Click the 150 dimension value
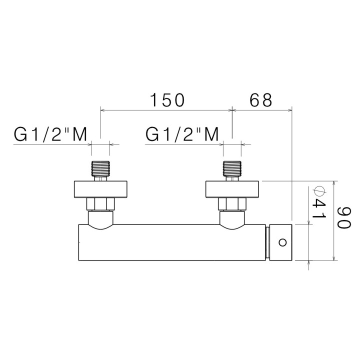click(x=167, y=100)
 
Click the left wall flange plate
click(x=101, y=189)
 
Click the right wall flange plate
click(x=232, y=189)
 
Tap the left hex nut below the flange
click(x=101, y=204)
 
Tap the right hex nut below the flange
click(x=232, y=204)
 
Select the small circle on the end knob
click(x=282, y=243)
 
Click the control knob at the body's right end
click(x=280, y=242)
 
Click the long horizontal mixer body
click(x=170, y=242)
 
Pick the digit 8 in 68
click(x=267, y=100)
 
